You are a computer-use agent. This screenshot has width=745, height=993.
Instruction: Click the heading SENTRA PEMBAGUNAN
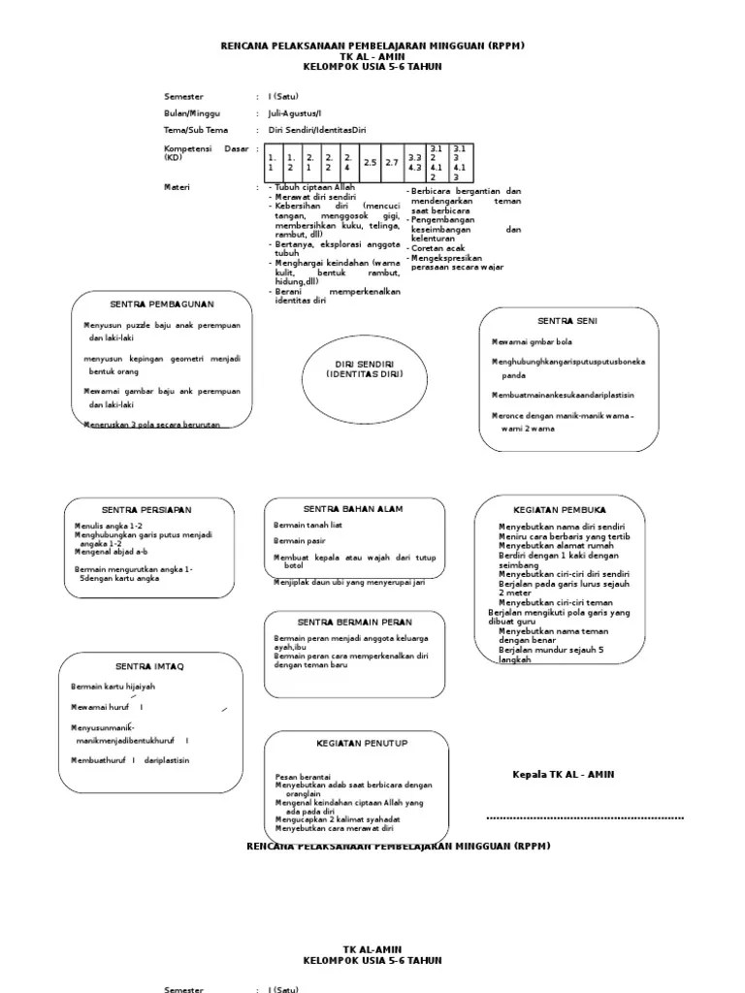pyautogui.click(x=161, y=304)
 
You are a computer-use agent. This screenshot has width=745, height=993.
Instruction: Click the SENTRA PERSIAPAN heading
pyautogui.click(x=146, y=510)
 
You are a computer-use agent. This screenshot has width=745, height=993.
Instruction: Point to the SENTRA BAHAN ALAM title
pyautogui.click(x=353, y=508)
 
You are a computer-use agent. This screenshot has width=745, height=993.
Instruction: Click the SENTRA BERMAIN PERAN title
pyautogui.click(x=354, y=622)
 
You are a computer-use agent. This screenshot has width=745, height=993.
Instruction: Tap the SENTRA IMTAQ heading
pyautogui.click(x=149, y=666)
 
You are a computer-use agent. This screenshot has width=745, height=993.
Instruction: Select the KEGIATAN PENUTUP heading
pyautogui.click(x=362, y=743)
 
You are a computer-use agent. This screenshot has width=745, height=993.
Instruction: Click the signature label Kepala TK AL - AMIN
pyautogui.click(x=563, y=774)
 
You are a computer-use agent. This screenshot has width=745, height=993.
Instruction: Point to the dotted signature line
pyautogui.click(x=585, y=818)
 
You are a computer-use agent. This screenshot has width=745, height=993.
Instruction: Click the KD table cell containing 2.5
pyautogui.click(x=370, y=162)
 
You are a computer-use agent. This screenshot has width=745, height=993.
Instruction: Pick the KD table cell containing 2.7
pyautogui.click(x=392, y=162)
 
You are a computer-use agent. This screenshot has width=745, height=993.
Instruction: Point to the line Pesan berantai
pyautogui.click(x=304, y=777)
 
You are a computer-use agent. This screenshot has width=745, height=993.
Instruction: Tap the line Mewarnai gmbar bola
pyautogui.click(x=532, y=341)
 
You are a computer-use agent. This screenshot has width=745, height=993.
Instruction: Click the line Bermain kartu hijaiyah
pyautogui.click(x=113, y=687)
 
